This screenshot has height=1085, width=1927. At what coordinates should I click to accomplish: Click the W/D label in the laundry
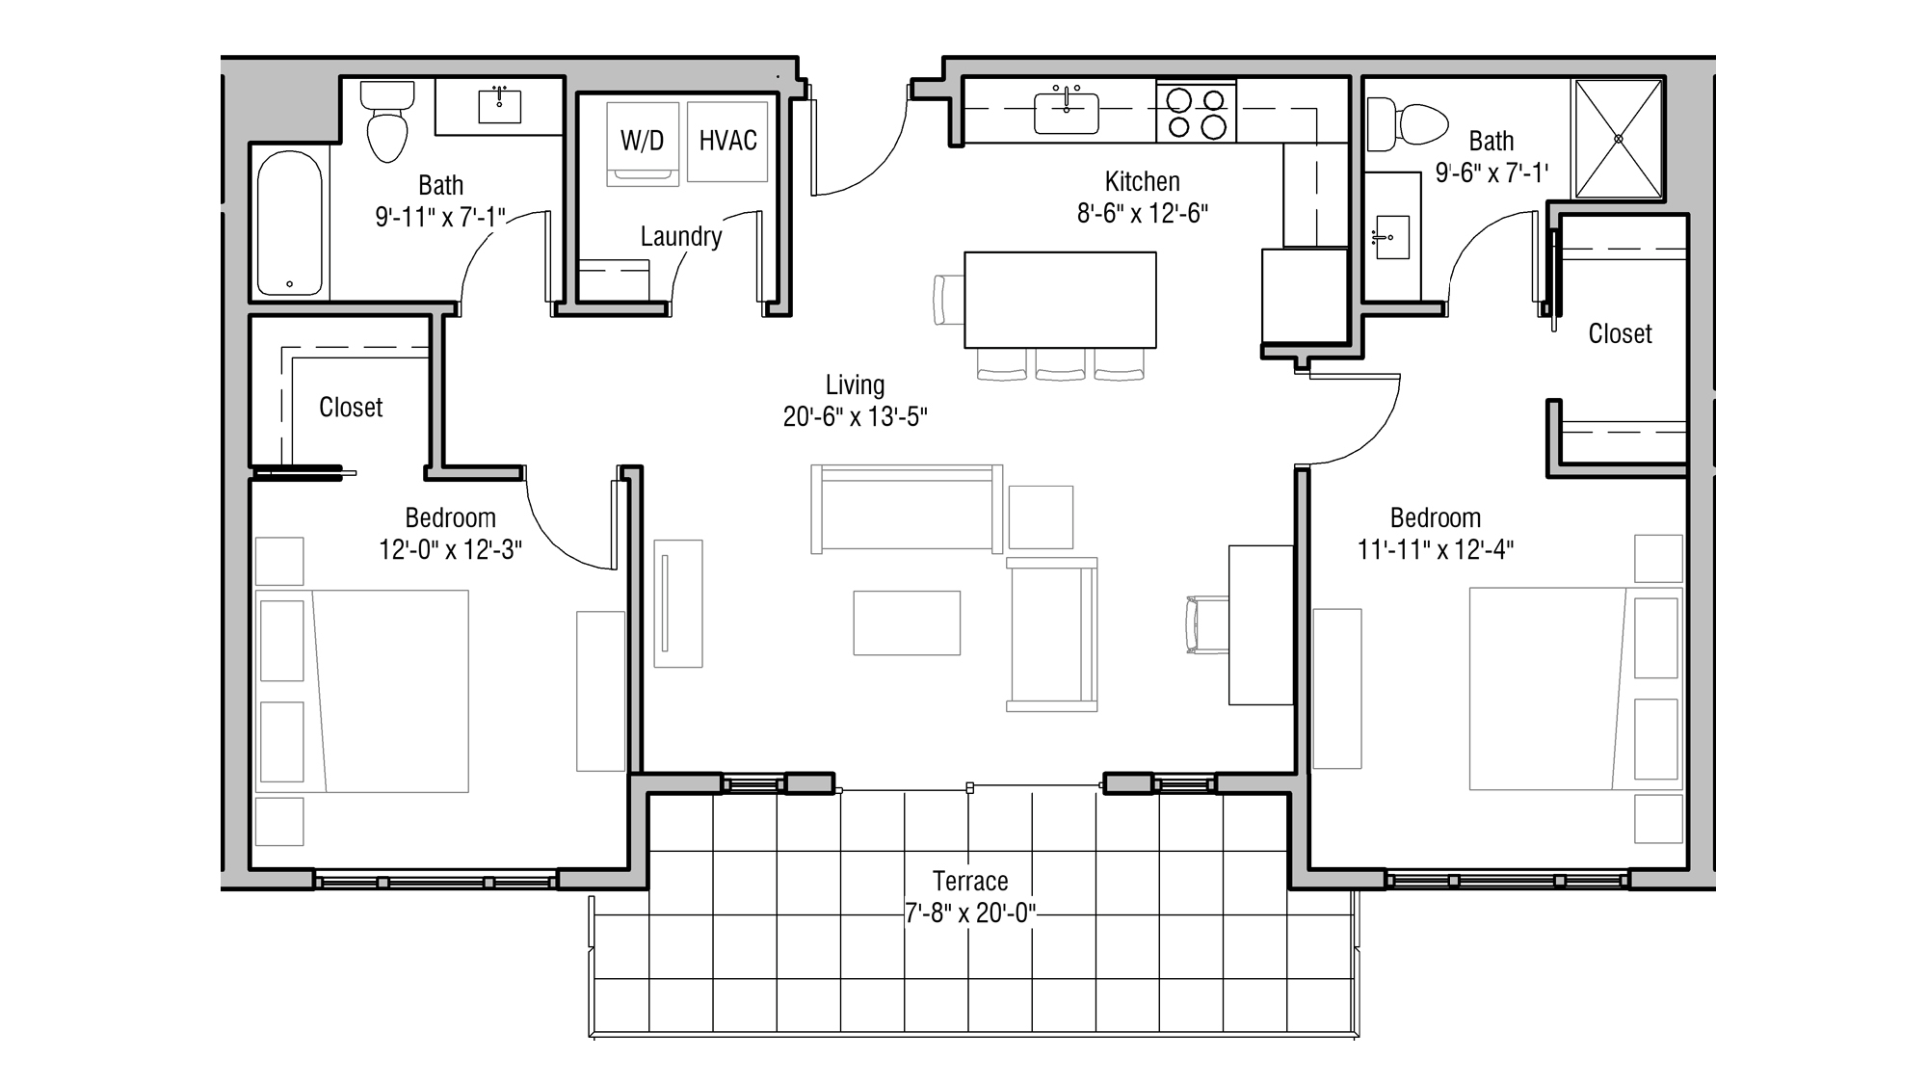642,141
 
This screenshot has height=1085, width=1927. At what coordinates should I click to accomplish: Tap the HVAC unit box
727,141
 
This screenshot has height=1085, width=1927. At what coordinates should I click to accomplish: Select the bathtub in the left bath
290,224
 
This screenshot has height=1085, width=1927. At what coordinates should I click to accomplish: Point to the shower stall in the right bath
1618,139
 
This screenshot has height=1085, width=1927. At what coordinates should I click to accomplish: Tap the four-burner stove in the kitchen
1196,113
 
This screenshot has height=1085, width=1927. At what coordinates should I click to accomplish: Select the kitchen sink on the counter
1066,113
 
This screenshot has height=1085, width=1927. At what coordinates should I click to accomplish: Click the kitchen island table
1060,299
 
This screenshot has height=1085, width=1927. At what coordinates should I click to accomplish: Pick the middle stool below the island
1060,364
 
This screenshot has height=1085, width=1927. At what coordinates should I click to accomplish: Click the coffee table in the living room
906,622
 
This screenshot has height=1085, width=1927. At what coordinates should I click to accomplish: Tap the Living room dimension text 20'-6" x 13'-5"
855,417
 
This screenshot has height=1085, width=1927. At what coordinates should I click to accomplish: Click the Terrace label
969,881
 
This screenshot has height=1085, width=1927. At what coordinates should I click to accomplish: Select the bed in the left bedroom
385,691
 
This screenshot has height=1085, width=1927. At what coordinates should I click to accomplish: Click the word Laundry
680,237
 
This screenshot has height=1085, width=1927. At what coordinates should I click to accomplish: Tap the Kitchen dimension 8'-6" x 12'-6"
1142,213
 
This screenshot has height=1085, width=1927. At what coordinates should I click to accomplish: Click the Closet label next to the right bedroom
1619,333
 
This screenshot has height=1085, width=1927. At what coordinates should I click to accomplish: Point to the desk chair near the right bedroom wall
1205,625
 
